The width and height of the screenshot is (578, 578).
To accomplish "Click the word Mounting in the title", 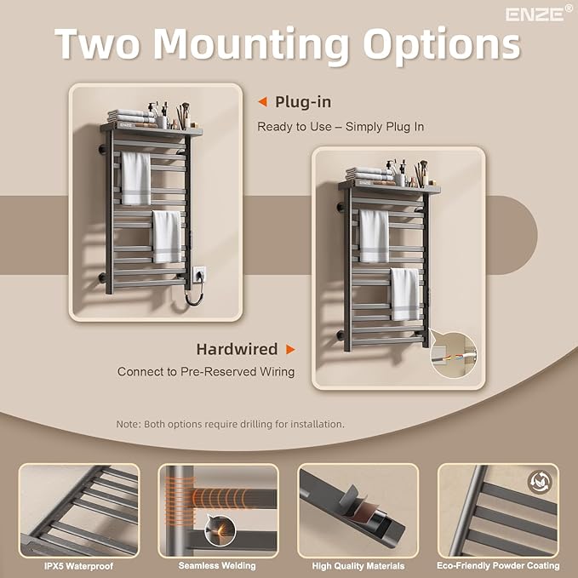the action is click(x=250, y=44).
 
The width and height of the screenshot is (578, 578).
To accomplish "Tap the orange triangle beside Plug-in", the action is click(x=262, y=102).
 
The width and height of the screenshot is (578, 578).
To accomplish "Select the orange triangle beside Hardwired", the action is click(x=290, y=349).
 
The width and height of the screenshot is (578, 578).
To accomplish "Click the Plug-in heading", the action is click(x=303, y=102).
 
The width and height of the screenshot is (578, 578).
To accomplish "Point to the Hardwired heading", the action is click(x=237, y=349).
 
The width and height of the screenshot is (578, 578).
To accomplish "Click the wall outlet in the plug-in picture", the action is click(x=198, y=274).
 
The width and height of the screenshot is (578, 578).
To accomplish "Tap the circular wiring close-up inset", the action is click(x=454, y=355).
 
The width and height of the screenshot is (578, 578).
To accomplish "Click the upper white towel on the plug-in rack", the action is click(x=136, y=179).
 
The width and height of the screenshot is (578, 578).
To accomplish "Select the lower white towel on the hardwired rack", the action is click(x=405, y=295).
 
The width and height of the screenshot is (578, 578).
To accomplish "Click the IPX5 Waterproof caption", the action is click(x=79, y=566).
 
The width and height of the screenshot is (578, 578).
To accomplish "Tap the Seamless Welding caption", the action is click(x=217, y=565).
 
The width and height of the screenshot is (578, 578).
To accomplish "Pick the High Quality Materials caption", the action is click(x=358, y=566).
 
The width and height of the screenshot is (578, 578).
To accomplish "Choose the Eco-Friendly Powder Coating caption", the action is click(x=498, y=565).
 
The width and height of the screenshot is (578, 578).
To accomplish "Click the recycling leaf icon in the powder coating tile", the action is click(x=540, y=482).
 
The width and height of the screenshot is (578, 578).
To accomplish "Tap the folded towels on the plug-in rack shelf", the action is click(x=131, y=116).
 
